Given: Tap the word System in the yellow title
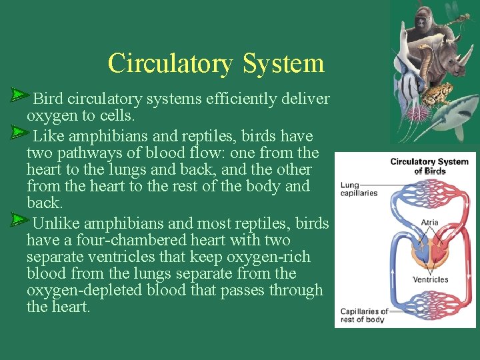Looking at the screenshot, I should click(283, 63).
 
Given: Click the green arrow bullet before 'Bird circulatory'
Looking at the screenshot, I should click(19, 97).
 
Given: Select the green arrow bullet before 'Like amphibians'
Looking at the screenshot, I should click(19, 134).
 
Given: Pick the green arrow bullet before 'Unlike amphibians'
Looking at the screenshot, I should click(19, 220).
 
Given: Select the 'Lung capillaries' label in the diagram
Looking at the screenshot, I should click(359, 189).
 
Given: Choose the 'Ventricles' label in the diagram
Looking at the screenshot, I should click(430, 279).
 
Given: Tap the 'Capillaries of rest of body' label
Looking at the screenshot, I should click(363, 315).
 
